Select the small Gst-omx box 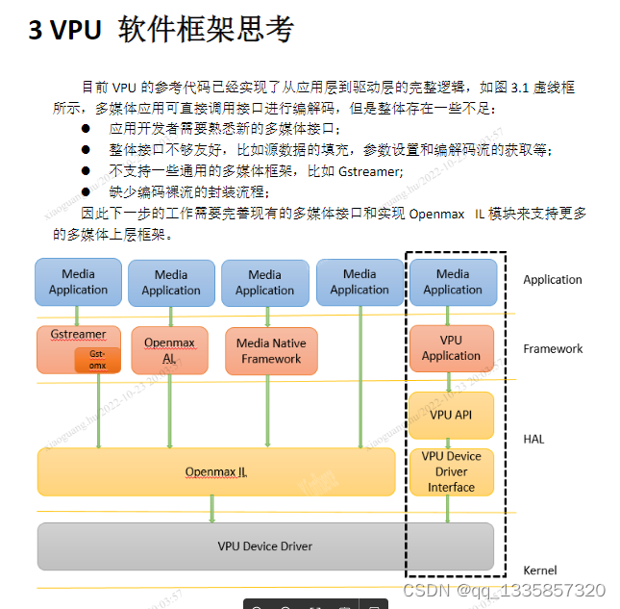click(x=98, y=360)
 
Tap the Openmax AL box click(x=169, y=350)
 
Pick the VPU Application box click(x=451, y=348)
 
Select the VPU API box click(x=451, y=415)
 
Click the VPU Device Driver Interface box click(x=451, y=471)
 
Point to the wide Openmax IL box click(x=216, y=471)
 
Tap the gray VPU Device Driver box click(x=264, y=546)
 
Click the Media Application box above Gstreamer click(x=78, y=282)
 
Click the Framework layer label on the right click(x=553, y=348)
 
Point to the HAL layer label click(x=533, y=439)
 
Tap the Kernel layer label click(x=539, y=571)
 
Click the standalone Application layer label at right click(x=553, y=280)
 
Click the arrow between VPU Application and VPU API click(x=449, y=382)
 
